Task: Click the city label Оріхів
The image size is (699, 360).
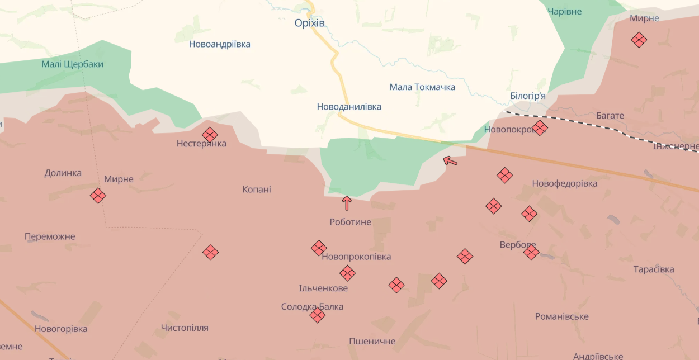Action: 310,23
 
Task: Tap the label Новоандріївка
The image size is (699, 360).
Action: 220,44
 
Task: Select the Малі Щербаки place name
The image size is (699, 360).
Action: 73,64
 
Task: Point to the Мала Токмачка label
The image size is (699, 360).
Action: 422,87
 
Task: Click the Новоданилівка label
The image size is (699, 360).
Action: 349,106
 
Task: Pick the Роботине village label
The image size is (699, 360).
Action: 351,222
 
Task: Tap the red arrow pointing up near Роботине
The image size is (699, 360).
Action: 347,202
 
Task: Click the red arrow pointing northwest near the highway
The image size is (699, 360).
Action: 450,161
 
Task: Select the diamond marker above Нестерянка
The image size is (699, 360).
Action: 210,135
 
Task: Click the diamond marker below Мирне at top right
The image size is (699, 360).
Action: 639,40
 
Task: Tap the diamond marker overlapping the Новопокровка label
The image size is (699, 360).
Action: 540,128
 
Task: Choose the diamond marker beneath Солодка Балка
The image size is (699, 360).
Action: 318,315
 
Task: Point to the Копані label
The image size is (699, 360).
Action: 257,190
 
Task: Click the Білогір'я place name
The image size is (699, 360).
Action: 528,96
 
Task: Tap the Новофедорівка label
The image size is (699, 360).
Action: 565,183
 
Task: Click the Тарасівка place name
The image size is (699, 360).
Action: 654,269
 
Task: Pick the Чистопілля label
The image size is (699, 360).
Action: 185,328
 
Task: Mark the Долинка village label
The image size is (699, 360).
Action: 63,173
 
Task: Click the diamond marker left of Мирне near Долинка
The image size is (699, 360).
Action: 98,196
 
